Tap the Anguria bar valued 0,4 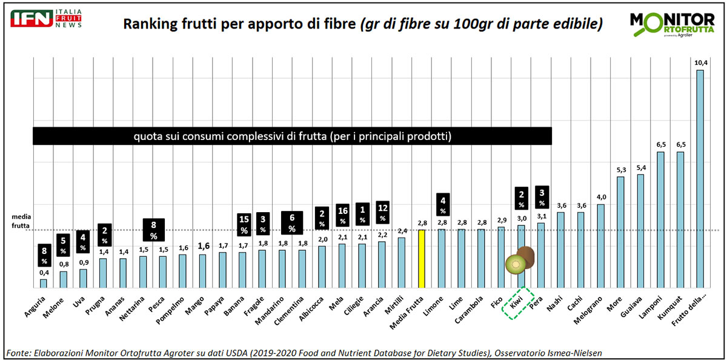pos(43,283)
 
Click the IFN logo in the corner pos(38,18)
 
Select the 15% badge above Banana pos(244,225)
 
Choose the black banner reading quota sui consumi pos(292,136)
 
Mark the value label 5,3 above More pos(620,170)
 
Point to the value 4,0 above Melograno pos(600,197)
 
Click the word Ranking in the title pos(145,24)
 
